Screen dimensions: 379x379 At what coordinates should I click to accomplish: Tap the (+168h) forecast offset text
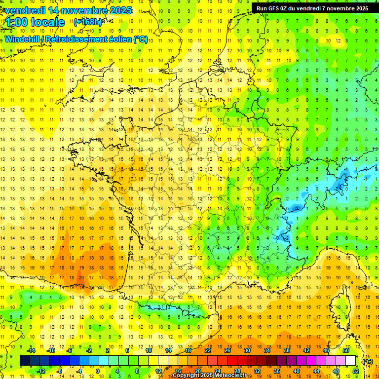coord(88,22)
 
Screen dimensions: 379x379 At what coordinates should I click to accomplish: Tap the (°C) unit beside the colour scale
coord(367,361)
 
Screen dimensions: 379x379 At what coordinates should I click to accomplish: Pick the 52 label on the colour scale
coord(355,371)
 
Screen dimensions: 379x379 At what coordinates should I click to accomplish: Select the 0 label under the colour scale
coord(97,371)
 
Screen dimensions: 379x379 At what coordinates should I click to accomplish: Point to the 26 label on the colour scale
coord(228,350)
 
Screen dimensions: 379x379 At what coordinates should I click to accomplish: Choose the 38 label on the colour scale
coord(286,350)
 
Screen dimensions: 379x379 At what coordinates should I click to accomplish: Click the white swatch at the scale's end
coord(351,361)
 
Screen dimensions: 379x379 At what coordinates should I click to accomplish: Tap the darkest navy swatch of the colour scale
coord(24,361)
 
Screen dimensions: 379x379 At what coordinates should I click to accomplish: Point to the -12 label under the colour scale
coord(41,371)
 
